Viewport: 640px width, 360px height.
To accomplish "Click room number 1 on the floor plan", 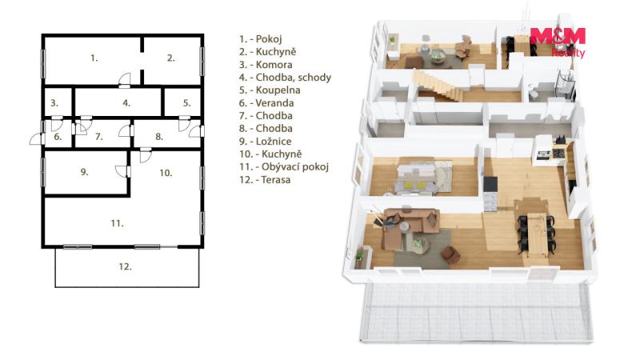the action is pyautogui.click(x=94, y=58).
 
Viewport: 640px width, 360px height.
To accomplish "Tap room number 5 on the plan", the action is pyautogui.click(x=186, y=103).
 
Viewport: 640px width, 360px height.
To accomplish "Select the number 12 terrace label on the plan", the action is pyautogui.click(x=125, y=266).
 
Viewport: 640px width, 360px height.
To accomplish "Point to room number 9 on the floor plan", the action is pyautogui.click(x=84, y=172).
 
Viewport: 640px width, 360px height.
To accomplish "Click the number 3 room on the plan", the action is pyautogui.click(x=54, y=103).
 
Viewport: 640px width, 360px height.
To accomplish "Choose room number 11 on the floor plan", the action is pyautogui.click(x=117, y=223).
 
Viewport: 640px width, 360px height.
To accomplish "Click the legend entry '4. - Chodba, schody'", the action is pyautogui.click(x=285, y=77).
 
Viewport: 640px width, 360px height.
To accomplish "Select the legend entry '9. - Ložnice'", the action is pyautogui.click(x=265, y=142).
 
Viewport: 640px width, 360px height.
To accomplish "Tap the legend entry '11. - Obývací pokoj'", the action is pyautogui.click(x=284, y=166).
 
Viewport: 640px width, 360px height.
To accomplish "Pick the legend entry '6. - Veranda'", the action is pyautogui.click(x=266, y=103).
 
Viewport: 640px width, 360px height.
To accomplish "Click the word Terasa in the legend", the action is pyautogui.click(x=275, y=179).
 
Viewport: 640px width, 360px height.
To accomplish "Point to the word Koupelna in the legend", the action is pyautogui.click(x=278, y=90).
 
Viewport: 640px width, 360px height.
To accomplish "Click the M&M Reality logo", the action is pyautogui.click(x=558, y=42).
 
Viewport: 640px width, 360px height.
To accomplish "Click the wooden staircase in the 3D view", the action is pyautogui.click(x=439, y=86).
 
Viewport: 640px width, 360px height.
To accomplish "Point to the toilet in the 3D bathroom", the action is pyautogui.click(x=533, y=93).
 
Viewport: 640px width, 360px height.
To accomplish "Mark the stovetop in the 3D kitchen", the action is pyautogui.click(x=558, y=154).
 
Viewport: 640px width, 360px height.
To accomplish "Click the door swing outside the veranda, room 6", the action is pyautogui.click(x=36, y=138).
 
